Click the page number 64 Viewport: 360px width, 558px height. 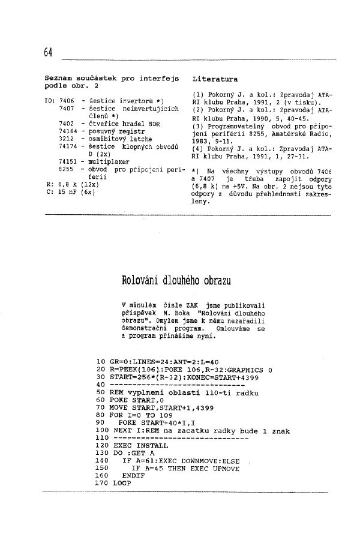[x=49, y=52]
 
